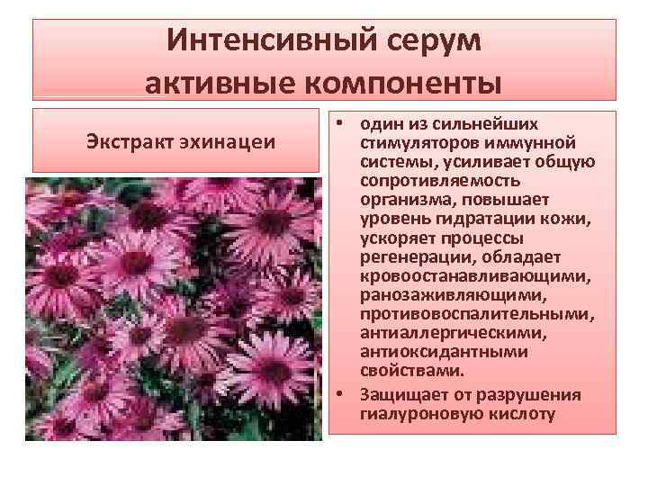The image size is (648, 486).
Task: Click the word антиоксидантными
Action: [x=431, y=351]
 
